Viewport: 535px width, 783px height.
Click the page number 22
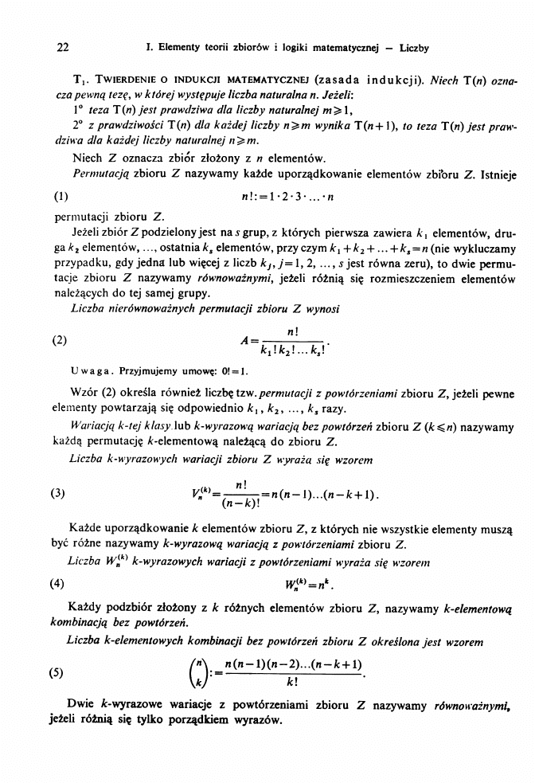64,48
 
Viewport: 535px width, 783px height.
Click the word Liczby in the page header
414,48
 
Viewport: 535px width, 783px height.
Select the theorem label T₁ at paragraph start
80,80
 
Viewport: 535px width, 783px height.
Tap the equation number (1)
61,196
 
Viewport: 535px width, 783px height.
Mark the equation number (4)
61,581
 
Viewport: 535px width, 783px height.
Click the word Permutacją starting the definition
96,174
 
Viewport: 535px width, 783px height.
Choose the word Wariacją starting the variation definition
95,428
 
